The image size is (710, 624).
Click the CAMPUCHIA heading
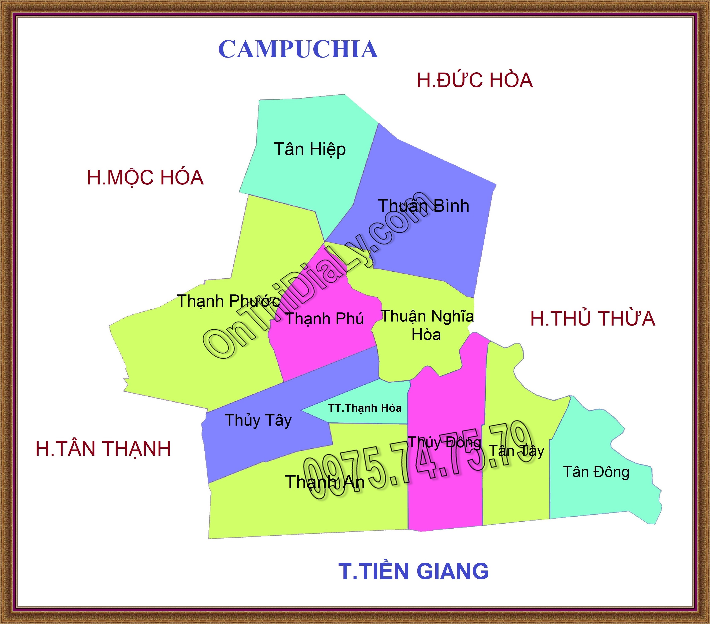coord(298,49)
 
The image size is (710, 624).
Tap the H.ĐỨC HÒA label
coord(474,80)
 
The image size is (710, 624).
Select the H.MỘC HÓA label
coord(145,177)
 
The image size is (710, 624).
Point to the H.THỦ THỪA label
coord(593,318)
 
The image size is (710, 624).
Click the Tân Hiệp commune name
coord(310,149)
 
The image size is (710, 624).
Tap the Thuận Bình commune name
coord(424,206)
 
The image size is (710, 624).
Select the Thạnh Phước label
coord(228,301)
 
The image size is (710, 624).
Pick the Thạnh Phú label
coord(324,319)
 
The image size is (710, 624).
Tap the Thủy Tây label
coord(258,420)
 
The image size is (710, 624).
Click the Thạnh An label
coord(325,482)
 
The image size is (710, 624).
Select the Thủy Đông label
coord(444,442)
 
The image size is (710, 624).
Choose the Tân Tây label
coord(517,451)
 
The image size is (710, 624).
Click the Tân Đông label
coord(596,472)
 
